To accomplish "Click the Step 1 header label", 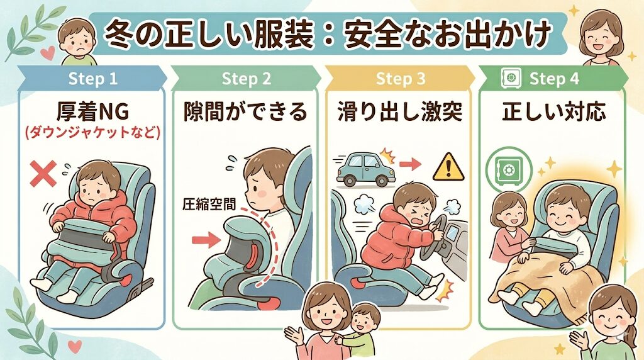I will pyautogui.click(x=92, y=79).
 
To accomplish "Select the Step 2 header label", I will pyautogui.click(x=246, y=79).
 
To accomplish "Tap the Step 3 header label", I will pyautogui.click(x=401, y=79).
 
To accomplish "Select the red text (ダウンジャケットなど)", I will pyautogui.click(x=92, y=133).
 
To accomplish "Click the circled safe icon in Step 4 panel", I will pyautogui.click(x=509, y=170).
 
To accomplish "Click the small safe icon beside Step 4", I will pyautogui.click(x=508, y=79).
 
